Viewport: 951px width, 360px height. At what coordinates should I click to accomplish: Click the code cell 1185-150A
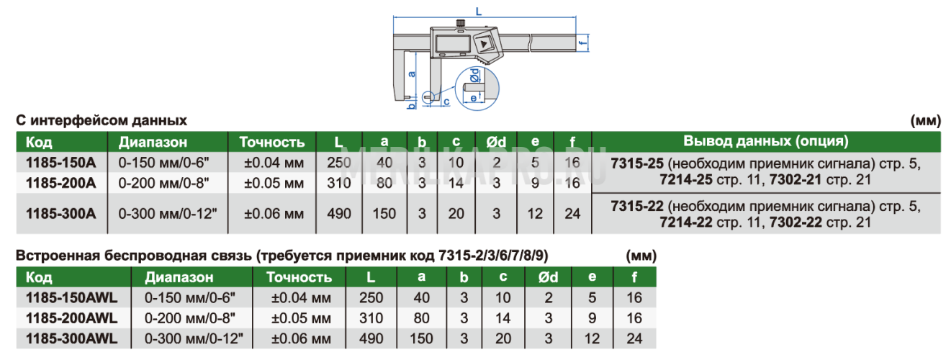pyautogui.click(x=60, y=163)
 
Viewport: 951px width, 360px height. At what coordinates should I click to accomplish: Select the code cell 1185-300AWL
pyautogui.click(x=71, y=338)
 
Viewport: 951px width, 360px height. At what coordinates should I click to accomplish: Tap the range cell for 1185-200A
pyautogui.click(x=164, y=183)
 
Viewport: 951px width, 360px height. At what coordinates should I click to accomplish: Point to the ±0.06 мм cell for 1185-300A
pyautogui.click(x=274, y=214)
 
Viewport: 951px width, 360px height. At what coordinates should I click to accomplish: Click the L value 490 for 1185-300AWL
pyautogui.click(x=371, y=338)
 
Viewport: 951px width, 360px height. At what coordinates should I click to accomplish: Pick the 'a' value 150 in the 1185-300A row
pyautogui.click(x=384, y=214)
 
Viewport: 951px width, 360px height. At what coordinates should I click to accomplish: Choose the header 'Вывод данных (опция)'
pyautogui.click(x=766, y=141)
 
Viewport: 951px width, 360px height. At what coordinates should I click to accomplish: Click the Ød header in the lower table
pyautogui.click(x=548, y=277)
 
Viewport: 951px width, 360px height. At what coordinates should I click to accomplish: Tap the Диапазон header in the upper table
pyautogui.click(x=153, y=142)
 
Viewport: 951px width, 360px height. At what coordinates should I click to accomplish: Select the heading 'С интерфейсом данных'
pyautogui.click(x=102, y=120)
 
